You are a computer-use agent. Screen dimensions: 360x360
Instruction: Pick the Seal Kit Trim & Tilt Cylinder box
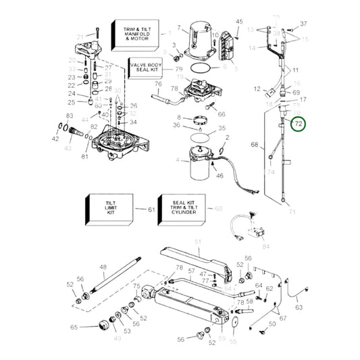180,209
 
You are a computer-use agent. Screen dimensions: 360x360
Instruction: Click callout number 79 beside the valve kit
179,69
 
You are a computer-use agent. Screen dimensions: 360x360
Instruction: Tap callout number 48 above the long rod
103,267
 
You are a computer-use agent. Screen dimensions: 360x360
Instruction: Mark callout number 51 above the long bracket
198,241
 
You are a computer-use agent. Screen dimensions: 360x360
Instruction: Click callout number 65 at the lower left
74,327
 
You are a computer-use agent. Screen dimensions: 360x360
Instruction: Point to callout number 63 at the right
299,307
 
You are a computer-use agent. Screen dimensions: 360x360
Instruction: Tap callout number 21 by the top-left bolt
80,36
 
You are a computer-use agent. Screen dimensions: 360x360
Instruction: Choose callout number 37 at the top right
303,23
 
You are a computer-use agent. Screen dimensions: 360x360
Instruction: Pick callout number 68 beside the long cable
255,145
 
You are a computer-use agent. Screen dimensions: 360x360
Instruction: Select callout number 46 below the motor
219,176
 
